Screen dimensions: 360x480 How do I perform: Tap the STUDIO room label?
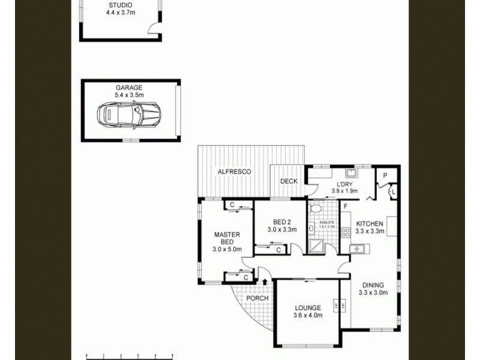(x=120, y=5)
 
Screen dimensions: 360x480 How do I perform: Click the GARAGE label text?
(x=129, y=88)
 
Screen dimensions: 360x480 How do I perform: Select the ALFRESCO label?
(x=234, y=172)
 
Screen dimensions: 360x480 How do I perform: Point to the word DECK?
(x=289, y=181)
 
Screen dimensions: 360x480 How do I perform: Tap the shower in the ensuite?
(x=316, y=245)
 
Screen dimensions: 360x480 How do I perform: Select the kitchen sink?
(x=355, y=248)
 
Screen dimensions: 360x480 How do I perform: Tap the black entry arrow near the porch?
(x=265, y=281)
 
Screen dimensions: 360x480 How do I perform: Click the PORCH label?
(x=257, y=298)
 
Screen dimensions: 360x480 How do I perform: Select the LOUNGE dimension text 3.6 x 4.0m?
(x=308, y=316)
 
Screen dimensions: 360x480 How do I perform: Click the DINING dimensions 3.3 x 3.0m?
(x=373, y=293)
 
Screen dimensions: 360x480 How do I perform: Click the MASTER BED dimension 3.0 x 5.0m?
(x=227, y=249)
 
